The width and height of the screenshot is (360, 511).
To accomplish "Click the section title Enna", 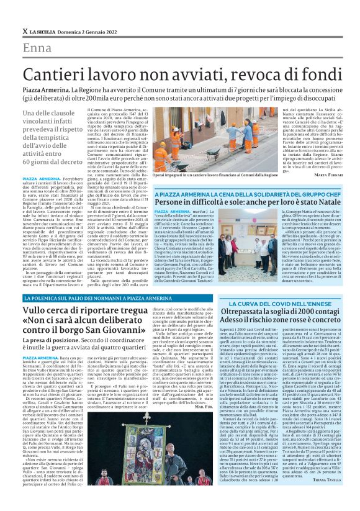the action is pyautogui.click(x=37, y=49).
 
